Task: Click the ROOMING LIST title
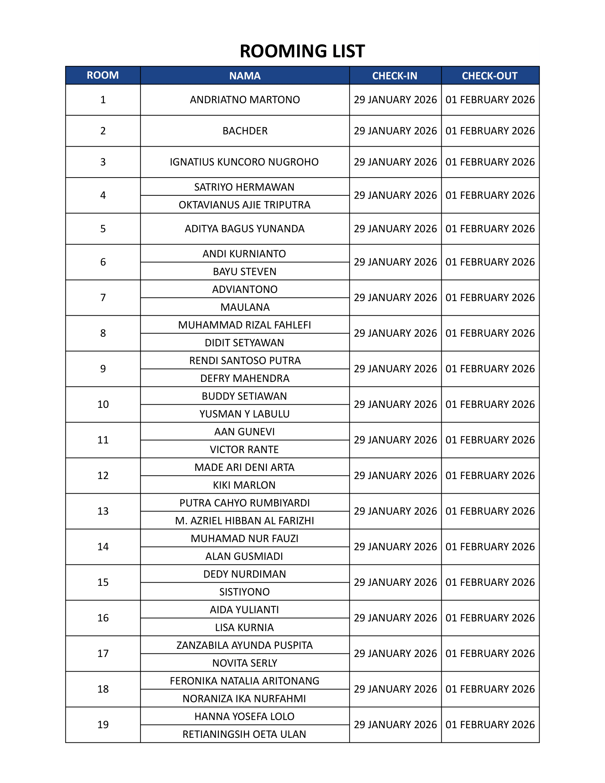302,51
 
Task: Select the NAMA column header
245,76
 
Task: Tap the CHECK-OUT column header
490,76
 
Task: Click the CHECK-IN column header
395,76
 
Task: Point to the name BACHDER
245,131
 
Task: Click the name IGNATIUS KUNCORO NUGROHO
244,162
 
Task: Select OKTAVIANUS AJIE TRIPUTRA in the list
244,205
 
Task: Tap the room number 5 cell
103,229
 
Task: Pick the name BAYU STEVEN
244,272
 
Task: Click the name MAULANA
245,307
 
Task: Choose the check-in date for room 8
395,333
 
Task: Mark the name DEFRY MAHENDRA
245,378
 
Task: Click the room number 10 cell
103,404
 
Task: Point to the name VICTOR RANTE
244,449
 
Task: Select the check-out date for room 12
490,475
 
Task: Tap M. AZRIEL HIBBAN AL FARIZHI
244,521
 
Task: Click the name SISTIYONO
244,592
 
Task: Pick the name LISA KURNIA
244,627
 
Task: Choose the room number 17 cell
103,653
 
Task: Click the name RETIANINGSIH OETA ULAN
244,734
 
